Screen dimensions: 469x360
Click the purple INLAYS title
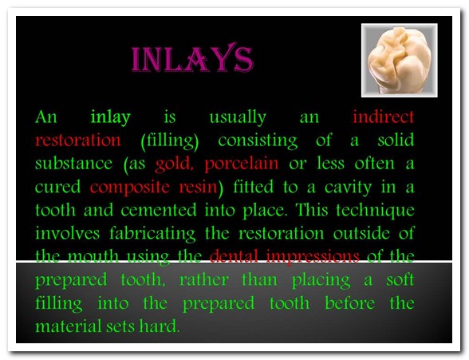[192, 58]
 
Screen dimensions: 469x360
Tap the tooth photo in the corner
[400, 60]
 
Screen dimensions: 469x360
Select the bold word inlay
[111, 117]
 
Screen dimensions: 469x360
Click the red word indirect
[384, 117]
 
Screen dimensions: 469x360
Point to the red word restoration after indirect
[78, 140]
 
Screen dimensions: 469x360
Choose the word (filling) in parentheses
[170, 140]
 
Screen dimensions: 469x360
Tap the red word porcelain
[242, 164]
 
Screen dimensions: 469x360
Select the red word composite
[130, 188]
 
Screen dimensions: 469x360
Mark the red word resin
[198, 187]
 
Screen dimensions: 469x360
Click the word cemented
[159, 210]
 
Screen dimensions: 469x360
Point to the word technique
[376, 211]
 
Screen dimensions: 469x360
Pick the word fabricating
[152, 234]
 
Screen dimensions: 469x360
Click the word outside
[361, 233]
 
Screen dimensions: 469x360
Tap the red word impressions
[313, 257]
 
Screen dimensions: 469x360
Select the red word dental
[234, 256]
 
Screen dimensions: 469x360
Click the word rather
[204, 280]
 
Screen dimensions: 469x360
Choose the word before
[349, 303]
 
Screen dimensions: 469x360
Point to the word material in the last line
[69, 326]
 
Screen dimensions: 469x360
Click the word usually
[238, 117]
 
